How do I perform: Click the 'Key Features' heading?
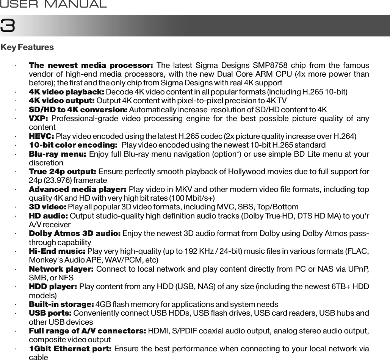(x=27, y=48)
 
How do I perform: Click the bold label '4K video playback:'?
(x=67, y=92)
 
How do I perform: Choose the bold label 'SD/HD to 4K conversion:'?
(x=78, y=110)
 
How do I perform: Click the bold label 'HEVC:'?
(x=42, y=137)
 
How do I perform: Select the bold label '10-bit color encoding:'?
(x=73, y=145)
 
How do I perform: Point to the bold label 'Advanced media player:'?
(x=78, y=189)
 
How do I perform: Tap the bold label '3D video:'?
(x=48, y=207)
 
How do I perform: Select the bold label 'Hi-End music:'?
(x=57, y=251)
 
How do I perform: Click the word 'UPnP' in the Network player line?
(x=360, y=269)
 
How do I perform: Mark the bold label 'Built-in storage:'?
(x=61, y=305)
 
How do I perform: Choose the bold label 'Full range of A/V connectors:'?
(x=88, y=331)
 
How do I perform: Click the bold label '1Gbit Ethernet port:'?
(x=70, y=349)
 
